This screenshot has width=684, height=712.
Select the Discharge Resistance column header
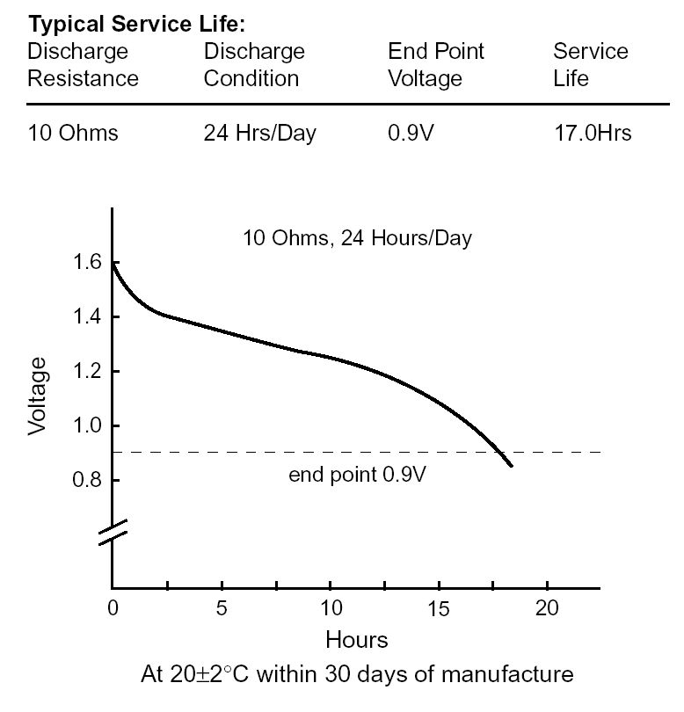click(83, 64)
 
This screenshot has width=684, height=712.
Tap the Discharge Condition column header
click(254, 64)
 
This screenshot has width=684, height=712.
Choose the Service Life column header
click(590, 64)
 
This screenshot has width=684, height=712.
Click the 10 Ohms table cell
click(72, 134)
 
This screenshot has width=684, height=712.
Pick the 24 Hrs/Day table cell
click(259, 134)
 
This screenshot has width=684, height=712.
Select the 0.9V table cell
click(411, 134)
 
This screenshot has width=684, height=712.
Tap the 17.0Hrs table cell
click(592, 134)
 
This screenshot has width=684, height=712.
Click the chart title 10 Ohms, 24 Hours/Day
click(357, 237)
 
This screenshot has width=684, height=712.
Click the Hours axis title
click(356, 638)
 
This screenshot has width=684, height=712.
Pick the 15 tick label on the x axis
click(439, 608)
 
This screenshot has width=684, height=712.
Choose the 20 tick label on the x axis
click(547, 608)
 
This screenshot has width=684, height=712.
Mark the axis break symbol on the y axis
click(113, 532)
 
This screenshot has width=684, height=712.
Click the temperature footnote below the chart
click(357, 674)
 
